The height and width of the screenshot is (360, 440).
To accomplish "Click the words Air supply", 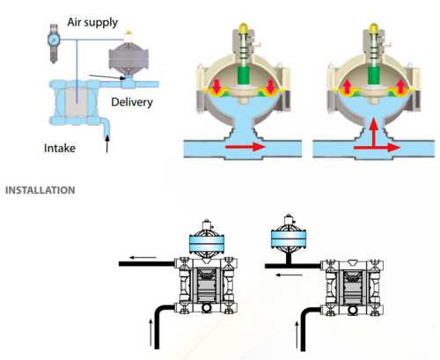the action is point(92,22).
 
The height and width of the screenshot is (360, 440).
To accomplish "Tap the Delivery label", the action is point(132,102).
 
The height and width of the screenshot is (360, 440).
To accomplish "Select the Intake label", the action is point(60,148).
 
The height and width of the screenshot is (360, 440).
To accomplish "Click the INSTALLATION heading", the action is point(40,190).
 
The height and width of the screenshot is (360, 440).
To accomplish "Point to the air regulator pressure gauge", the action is point(54,39).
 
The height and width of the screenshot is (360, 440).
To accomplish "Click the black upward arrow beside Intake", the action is point(107,143).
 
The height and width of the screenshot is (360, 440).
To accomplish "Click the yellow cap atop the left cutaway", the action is point(243,28).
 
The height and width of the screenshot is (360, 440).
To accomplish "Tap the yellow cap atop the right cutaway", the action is point(374,28).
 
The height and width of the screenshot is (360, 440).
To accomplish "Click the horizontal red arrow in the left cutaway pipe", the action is point(246,147).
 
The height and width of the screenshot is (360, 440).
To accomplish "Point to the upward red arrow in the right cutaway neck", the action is point(373,132).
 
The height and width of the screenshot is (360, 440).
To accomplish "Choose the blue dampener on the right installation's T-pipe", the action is point(289,239).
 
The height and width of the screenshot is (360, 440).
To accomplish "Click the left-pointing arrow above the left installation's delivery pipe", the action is point(143,258).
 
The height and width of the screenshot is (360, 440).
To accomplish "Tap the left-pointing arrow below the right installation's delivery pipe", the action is point(290,275).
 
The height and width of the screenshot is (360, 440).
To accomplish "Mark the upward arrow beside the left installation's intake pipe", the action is point(151,332).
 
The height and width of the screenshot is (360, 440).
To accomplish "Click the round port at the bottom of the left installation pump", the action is point(207,307).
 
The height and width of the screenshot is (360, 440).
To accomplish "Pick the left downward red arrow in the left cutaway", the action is point(216,85).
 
